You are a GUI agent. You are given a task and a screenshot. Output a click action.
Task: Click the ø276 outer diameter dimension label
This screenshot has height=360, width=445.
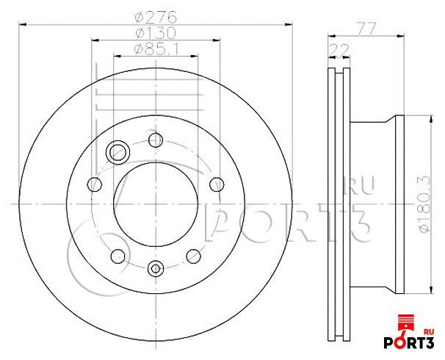tap(156, 18)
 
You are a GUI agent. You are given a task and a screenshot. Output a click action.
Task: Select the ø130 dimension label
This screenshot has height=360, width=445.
tap(156, 33)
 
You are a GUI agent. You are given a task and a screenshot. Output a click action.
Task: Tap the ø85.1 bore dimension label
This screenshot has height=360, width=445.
tap(156, 49)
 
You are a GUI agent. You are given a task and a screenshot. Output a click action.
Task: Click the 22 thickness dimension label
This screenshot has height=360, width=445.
tap(339, 50)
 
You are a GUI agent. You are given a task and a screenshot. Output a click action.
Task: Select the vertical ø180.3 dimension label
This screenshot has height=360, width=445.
tap(424, 204)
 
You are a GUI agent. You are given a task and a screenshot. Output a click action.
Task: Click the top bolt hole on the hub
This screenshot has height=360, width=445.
tap(156, 140)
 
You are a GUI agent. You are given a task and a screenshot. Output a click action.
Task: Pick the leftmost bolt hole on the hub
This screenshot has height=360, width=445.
tap(95, 184)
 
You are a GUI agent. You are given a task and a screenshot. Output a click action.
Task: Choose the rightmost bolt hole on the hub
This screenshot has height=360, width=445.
tap(217, 184)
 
